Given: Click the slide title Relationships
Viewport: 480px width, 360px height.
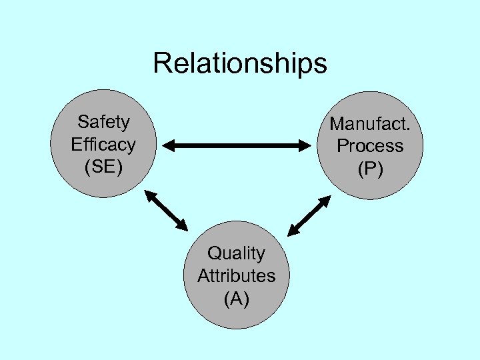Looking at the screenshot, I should (x=239, y=63).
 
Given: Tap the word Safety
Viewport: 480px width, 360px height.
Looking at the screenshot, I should (x=103, y=122).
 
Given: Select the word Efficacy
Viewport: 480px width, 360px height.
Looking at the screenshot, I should (x=103, y=144).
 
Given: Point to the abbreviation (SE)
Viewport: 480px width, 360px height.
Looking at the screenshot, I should (x=103, y=167).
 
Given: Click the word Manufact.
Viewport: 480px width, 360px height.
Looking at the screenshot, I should (x=370, y=124).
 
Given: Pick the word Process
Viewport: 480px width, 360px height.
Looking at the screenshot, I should (x=370, y=146).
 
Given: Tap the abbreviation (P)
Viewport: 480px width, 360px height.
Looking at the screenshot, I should (x=370, y=169).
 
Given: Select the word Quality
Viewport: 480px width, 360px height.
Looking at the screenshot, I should (x=236, y=253).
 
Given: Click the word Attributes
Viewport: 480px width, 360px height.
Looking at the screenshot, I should (x=236, y=276).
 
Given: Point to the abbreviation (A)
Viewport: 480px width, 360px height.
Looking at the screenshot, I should (x=236, y=299).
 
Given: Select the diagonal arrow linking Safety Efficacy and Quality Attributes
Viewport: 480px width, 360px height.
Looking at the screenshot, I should (x=167, y=211).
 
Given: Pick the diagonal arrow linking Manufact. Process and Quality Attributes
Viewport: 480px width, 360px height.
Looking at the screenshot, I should (x=309, y=215).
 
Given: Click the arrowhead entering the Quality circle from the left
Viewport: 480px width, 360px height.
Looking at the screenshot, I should (x=183, y=226).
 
